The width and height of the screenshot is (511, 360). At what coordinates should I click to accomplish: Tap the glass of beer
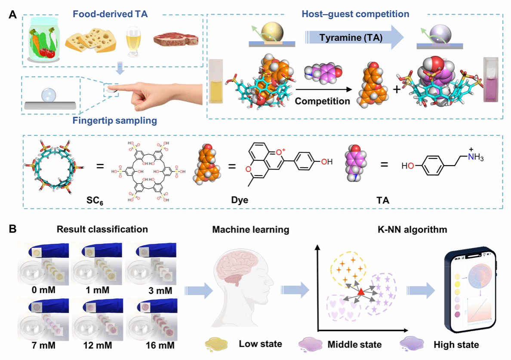coord(133,43)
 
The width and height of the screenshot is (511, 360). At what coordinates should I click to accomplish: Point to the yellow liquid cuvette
coord(216,82)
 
